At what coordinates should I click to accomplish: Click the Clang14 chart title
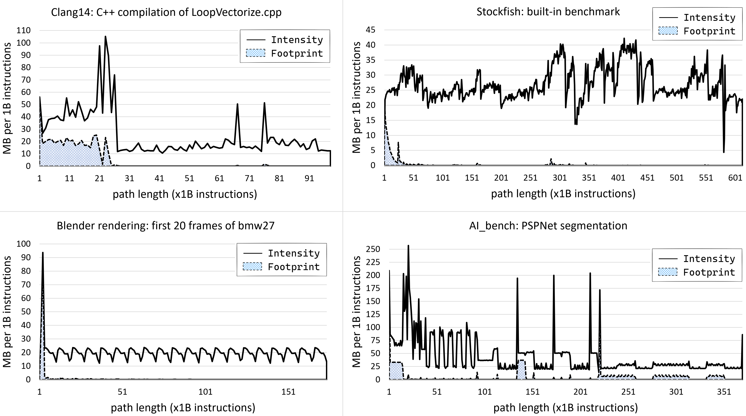166,12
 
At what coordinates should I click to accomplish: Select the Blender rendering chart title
165,226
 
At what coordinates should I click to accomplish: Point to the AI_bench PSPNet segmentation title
548,226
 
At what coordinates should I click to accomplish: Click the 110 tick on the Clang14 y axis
23,30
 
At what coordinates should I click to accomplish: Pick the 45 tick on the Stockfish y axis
370,30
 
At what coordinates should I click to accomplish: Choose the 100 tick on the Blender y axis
23,244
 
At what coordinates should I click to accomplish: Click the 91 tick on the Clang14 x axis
309,178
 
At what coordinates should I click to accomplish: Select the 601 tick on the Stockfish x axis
735,178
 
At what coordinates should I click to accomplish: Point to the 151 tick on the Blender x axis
288,392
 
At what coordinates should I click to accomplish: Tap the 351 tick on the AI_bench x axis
724,392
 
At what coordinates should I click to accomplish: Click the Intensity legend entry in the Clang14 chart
297,40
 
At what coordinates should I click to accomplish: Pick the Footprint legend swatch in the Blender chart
252,267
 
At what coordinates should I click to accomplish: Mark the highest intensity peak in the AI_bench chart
408,246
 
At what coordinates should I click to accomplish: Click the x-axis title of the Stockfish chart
563,193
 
